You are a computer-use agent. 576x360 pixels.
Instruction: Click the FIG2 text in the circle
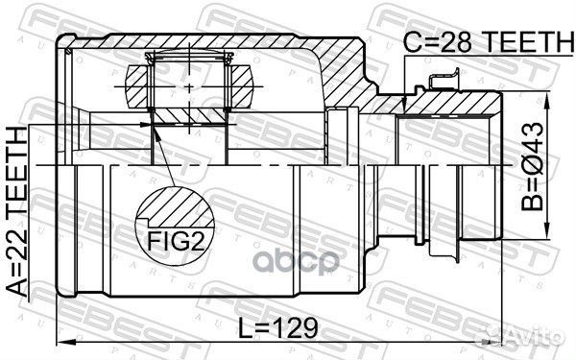coord(175,233)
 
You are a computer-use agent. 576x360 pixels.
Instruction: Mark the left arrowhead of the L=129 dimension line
coord(62,343)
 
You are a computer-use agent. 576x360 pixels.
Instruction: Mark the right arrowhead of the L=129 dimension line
coord(500,343)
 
